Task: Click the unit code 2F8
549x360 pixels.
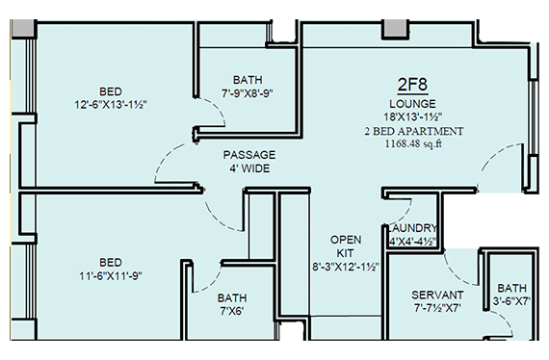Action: [x=412, y=85]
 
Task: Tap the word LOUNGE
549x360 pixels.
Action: [x=412, y=104]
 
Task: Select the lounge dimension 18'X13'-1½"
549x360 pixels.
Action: [x=412, y=116]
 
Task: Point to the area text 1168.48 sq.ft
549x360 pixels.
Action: [x=413, y=143]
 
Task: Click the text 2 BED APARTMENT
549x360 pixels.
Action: [x=414, y=131]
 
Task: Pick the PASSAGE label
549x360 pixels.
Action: [x=249, y=155]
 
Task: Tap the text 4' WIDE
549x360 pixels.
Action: [x=249, y=168]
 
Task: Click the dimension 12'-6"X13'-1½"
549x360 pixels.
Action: [x=111, y=105]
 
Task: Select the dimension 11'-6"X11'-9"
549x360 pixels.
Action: [x=111, y=276]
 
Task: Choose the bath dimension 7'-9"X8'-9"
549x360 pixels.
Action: [x=248, y=93]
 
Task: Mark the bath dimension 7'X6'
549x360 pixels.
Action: [x=232, y=311]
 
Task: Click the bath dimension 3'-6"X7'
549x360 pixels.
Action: [x=511, y=301]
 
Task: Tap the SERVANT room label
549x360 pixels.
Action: [x=437, y=295]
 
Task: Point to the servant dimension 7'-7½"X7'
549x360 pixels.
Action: [x=437, y=308]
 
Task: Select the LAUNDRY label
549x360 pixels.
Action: [x=412, y=228]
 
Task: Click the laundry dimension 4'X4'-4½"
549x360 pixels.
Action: [x=412, y=242]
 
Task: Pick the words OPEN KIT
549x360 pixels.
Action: [x=346, y=246]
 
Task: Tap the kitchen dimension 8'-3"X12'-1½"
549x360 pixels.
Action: [x=346, y=267]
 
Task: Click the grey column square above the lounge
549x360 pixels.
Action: [x=395, y=28]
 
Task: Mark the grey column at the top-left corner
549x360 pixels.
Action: [x=23, y=28]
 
